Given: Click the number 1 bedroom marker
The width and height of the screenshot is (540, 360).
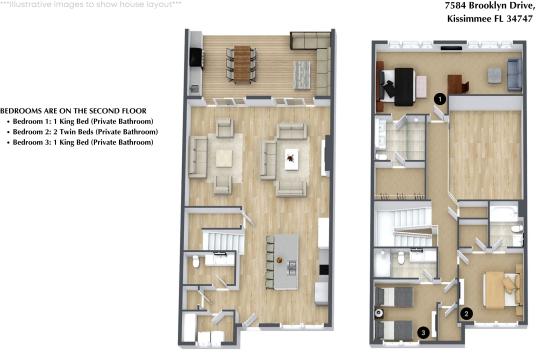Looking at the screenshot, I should tap(440, 98).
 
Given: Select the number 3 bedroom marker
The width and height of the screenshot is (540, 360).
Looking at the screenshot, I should tap(423, 332).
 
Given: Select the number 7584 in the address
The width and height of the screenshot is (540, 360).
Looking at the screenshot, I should tap(430, 5).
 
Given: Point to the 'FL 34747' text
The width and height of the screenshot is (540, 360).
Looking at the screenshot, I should tap(505, 18).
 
